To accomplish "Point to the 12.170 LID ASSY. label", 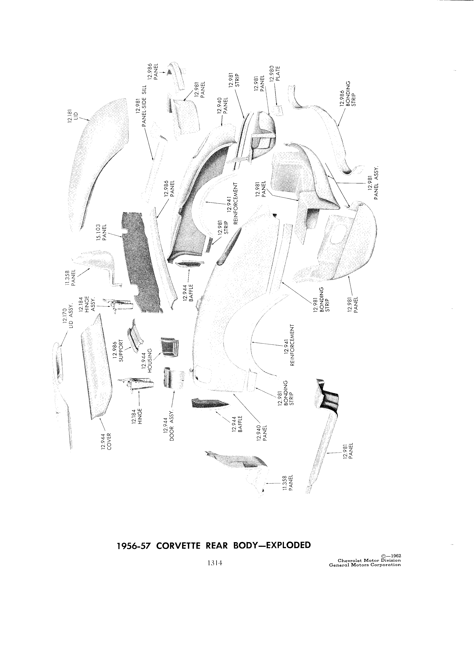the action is (67, 316).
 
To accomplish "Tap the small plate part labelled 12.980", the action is (278, 110).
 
